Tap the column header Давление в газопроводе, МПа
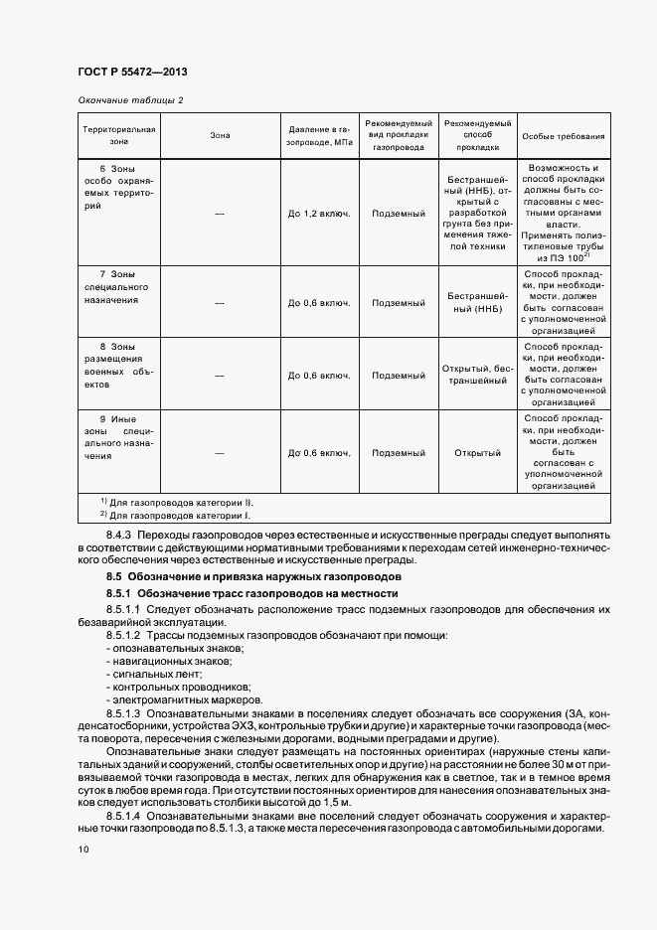(x=320, y=135)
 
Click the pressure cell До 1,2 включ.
(x=319, y=213)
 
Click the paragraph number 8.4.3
(x=118, y=536)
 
